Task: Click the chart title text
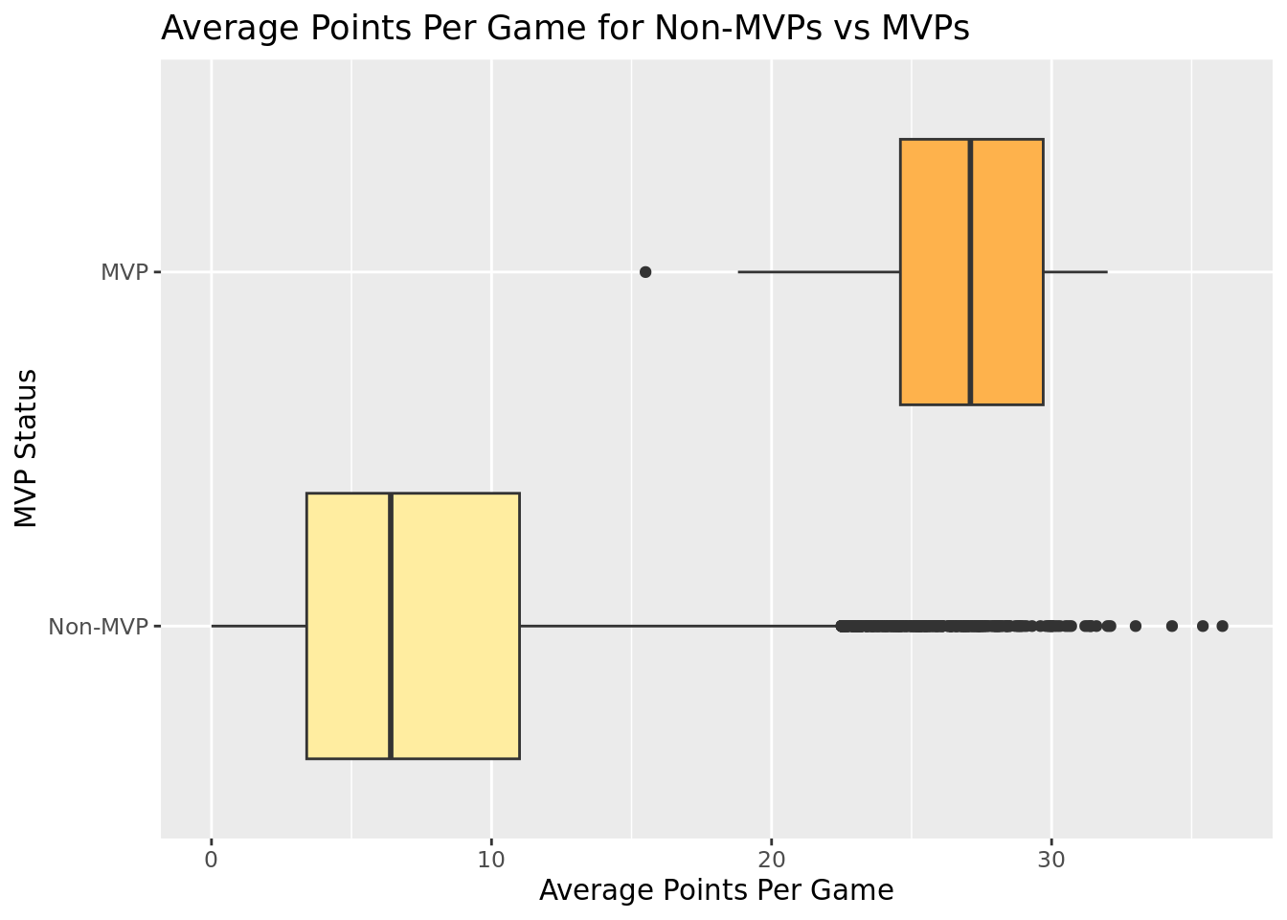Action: (x=565, y=29)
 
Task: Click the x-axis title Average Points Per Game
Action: (x=716, y=890)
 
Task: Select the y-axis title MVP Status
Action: (x=27, y=448)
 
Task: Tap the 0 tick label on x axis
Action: (x=212, y=859)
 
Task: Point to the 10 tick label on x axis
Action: (x=491, y=859)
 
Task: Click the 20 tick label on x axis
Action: (x=771, y=859)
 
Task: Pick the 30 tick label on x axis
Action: (x=1051, y=859)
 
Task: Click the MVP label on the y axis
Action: (x=124, y=272)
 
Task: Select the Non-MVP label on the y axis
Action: (x=99, y=627)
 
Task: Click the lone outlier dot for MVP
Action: (x=645, y=272)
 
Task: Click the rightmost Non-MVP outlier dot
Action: (x=1222, y=626)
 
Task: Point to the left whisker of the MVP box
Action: (x=819, y=272)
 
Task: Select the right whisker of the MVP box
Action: (x=1074, y=272)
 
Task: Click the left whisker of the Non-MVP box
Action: (x=259, y=626)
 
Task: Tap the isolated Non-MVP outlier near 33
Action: (x=1136, y=626)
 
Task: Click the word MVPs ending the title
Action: (x=927, y=29)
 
